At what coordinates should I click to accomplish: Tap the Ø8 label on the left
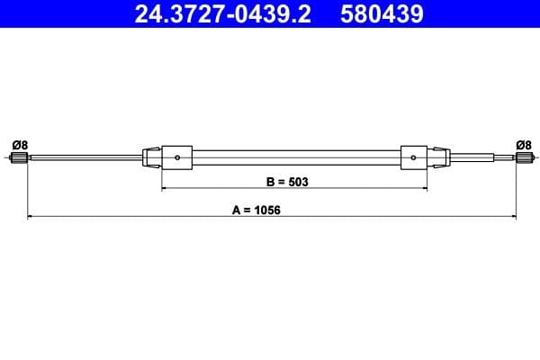tap(19, 144)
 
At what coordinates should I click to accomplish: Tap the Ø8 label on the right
tap(523, 144)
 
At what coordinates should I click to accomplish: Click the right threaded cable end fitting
tap(521, 159)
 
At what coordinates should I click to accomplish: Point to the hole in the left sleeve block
tap(178, 159)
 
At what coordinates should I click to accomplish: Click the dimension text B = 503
tap(287, 181)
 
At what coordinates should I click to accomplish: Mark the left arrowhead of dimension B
tap(164, 189)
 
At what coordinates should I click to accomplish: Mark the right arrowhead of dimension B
tap(424, 189)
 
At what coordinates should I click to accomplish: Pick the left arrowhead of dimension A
tap(31, 217)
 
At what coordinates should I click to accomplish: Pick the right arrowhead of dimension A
tap(512, 217)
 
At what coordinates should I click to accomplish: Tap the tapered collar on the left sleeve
tap(151, 158)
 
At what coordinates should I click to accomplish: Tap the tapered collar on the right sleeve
tap(438, 158)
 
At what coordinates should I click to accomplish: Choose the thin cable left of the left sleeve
tap(85, 159)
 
